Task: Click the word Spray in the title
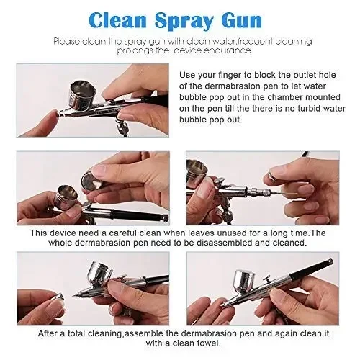tap(184, 21)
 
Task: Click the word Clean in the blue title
tap(117, 20)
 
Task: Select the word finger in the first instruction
tap(230, 76)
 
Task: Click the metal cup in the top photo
tap(83, 94)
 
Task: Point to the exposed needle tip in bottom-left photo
tap(73, 295)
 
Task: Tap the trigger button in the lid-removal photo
tap(87, 205)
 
